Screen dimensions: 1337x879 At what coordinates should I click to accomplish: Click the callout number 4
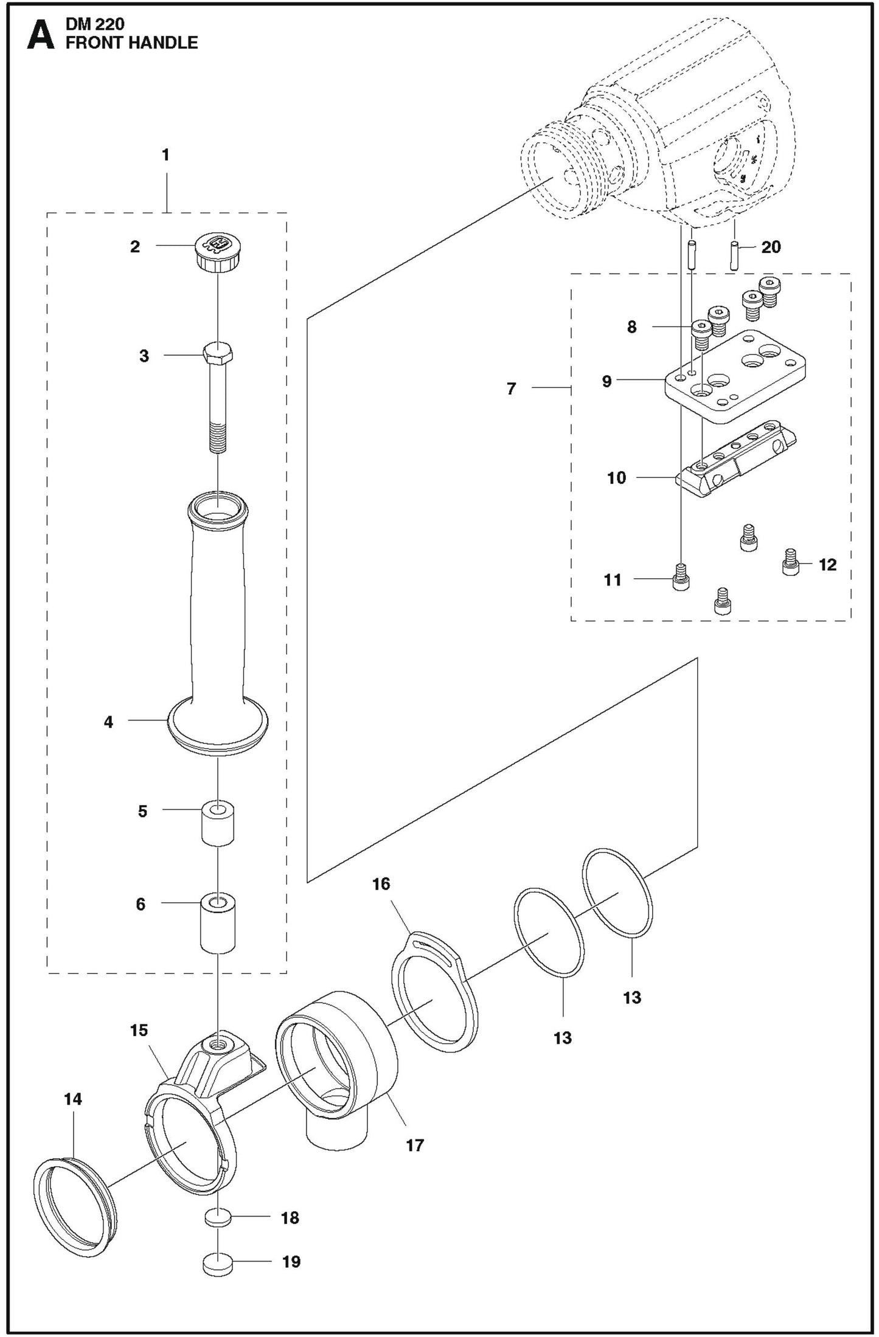(108, 722)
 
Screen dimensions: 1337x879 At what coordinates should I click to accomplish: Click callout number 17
(414, 1145)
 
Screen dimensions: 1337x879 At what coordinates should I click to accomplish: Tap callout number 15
(139, 1030)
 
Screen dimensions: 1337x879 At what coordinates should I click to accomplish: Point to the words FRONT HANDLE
(131, 43)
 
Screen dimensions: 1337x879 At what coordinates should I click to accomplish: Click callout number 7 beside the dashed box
(512, 388)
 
